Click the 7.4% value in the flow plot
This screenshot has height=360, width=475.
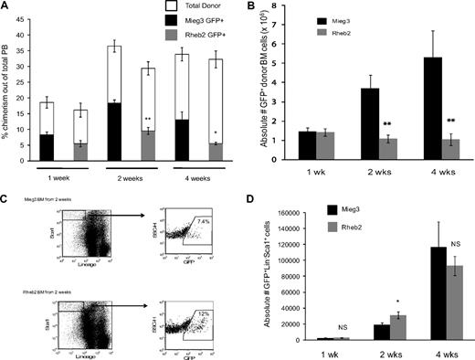179,220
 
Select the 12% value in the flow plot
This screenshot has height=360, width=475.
179,304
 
